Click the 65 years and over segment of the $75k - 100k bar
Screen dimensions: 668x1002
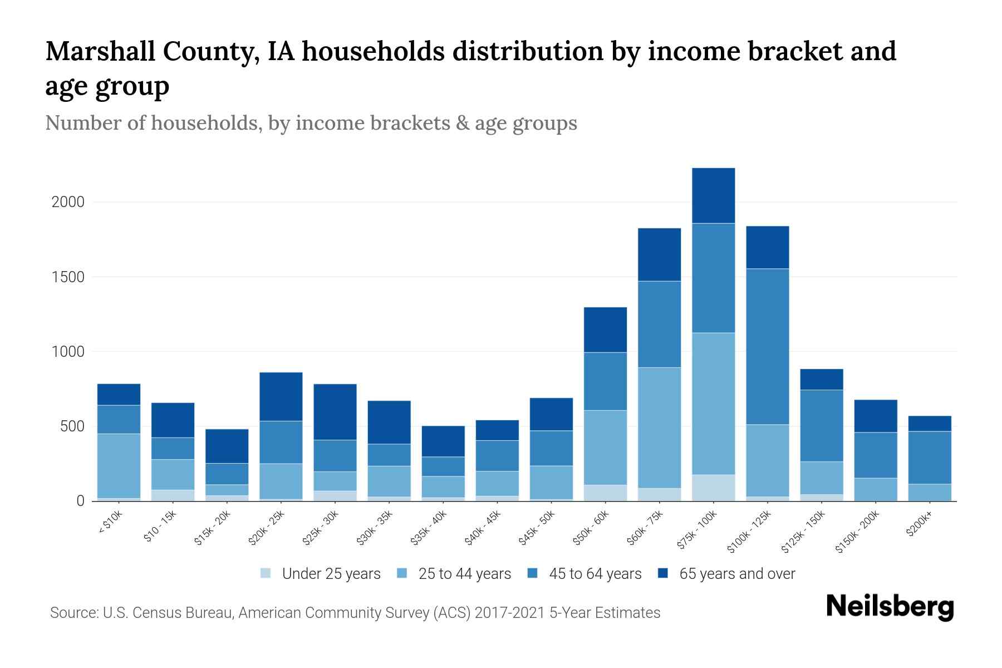click(x=713, y=195)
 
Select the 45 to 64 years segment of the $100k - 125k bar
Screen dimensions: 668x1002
click(x=767, y=346)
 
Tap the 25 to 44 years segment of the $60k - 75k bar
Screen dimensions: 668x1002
click(x=659, y=428)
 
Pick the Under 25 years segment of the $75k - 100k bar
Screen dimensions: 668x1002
click(x=713, y=488)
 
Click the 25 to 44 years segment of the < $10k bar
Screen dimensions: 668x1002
click(x=119, y=465)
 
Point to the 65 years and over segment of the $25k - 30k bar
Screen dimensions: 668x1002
click(x=335, y=412)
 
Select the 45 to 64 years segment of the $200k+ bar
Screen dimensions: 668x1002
click(x=929, y=458)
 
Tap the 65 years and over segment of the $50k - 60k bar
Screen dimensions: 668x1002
click(x=605, y=330)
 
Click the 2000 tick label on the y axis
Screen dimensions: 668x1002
click(x=68, y=202)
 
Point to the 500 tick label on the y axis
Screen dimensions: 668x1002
click(x=72, y=426)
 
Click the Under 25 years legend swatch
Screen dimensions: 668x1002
click(x=266, y=573)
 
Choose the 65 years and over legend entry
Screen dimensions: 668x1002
click(x=736, y=574)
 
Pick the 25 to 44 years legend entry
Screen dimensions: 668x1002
click(x=464, y=574)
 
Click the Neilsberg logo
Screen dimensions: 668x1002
click(x=890, y=607)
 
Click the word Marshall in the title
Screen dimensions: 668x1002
click(x=100, y=52)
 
